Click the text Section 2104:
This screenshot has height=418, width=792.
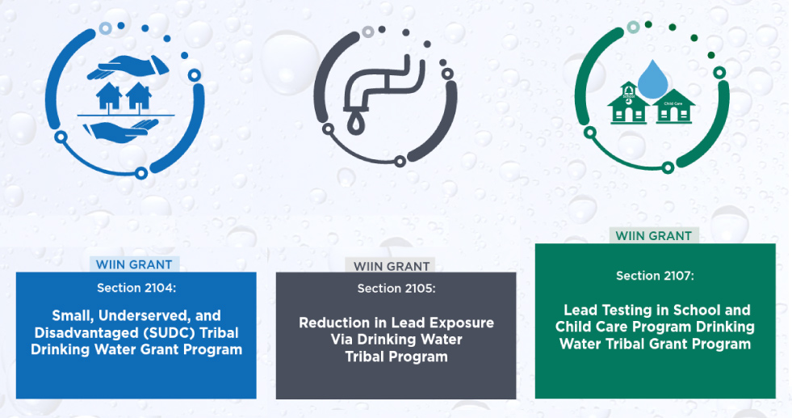[136, 288]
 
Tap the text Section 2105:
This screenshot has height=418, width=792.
[396, 289]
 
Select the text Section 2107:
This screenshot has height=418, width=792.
[655, 276]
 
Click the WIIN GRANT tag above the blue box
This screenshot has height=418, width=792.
[136, 264]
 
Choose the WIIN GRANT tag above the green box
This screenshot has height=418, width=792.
[654, 236]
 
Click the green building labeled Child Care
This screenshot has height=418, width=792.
[674, 108]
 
